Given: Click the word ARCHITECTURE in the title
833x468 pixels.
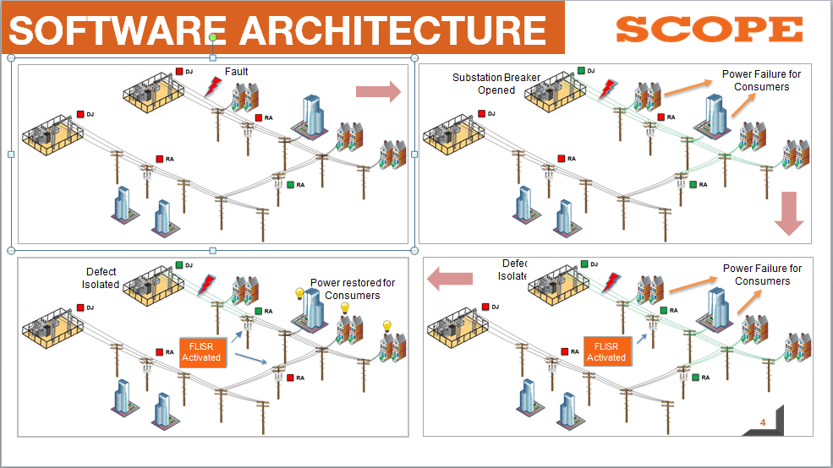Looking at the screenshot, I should click(x=392, y=31).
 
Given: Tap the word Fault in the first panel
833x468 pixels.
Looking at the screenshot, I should click(x=237, y=72).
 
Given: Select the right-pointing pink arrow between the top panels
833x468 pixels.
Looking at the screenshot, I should click(x=378, y=91).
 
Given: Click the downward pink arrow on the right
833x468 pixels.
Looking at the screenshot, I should click(x=788, y=213).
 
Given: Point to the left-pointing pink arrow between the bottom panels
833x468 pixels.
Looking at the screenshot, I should click(x=448, y=278).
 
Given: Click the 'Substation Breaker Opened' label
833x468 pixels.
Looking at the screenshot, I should click(x=496, y=84).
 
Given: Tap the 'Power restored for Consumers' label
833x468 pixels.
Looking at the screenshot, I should click(x=352, y=289).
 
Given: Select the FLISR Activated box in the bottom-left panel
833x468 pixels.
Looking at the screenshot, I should click(x=201, y=351).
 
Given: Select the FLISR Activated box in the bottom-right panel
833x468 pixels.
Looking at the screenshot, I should click(x=606, y=351).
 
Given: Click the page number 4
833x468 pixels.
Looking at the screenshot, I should click(x=762, y=422).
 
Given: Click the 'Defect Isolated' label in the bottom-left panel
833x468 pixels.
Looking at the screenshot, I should click(x=101, y=278).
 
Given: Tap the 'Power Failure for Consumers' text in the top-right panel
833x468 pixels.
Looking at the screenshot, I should click(x=761, y=80).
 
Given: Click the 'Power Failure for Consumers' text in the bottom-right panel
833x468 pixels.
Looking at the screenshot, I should click(x=762, y=275).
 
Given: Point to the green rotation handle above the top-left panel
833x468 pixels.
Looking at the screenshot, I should click(x=213, y=37).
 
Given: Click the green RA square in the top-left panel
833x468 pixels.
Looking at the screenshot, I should click(x=290, y=184).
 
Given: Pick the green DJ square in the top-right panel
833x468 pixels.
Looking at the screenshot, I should click(x=581, y=71).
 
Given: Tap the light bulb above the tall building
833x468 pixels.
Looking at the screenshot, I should click(x=299, y=294).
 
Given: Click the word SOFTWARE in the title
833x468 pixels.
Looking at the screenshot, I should click(x=118, y=31).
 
